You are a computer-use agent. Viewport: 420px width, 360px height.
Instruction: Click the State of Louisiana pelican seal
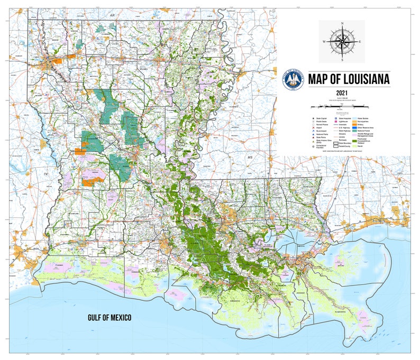coord(294,79)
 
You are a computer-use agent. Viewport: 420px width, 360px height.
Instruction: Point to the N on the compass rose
coord(342,24)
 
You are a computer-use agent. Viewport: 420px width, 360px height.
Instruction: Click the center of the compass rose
coord(342,41)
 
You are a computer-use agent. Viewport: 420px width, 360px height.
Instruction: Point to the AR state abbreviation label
coord(112,16)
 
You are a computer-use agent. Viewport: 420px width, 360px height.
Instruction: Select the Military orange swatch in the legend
coord(354,125)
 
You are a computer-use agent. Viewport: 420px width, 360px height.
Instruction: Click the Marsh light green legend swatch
coord(354,146)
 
